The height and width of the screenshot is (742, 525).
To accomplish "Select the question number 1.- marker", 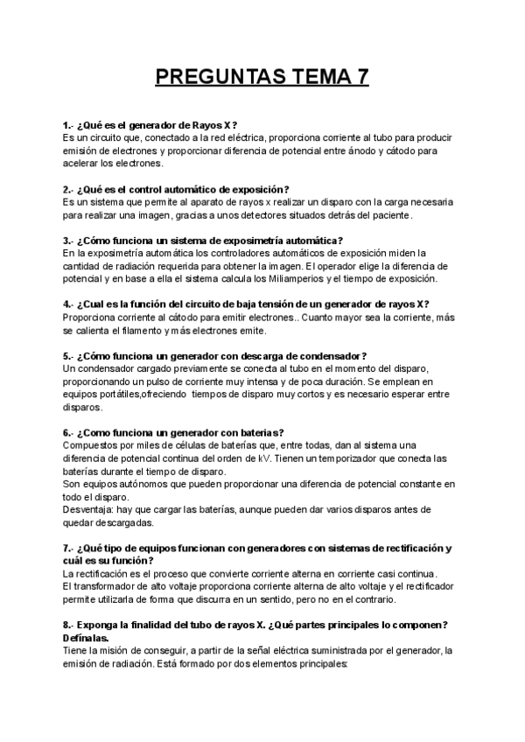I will point(68,125).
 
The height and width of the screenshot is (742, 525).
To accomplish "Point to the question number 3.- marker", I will point(68,241).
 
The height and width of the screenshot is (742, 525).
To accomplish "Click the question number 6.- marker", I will point(68,432).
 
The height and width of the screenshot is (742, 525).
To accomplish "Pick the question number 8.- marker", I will point(68,625).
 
